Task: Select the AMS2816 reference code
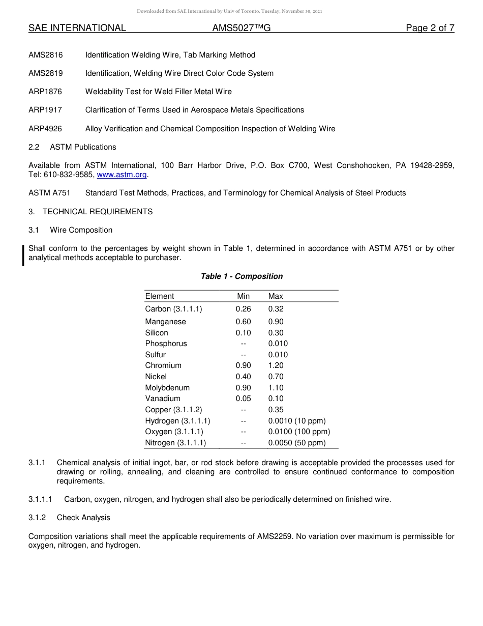pos(46,55)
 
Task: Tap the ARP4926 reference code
pos(46,129)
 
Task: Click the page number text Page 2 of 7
pos(430,28)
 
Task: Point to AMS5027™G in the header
pos(241,28)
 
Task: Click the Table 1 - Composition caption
pos(242,276)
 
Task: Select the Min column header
pos(244,296)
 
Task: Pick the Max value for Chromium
pos(276,365)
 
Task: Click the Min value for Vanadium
pos(243,399)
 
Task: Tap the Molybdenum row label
pos(167,388)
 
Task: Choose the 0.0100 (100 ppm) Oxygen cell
pos(299,432)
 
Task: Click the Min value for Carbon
pos(243,309)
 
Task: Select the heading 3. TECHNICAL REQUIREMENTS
pos(90,212)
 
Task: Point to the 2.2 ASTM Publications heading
pos(72,147)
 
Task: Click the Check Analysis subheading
pos(83,518)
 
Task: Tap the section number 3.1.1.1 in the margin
pos(40,499)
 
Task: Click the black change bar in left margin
pos(23,255)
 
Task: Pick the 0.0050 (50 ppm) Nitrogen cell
pos(297,443)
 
